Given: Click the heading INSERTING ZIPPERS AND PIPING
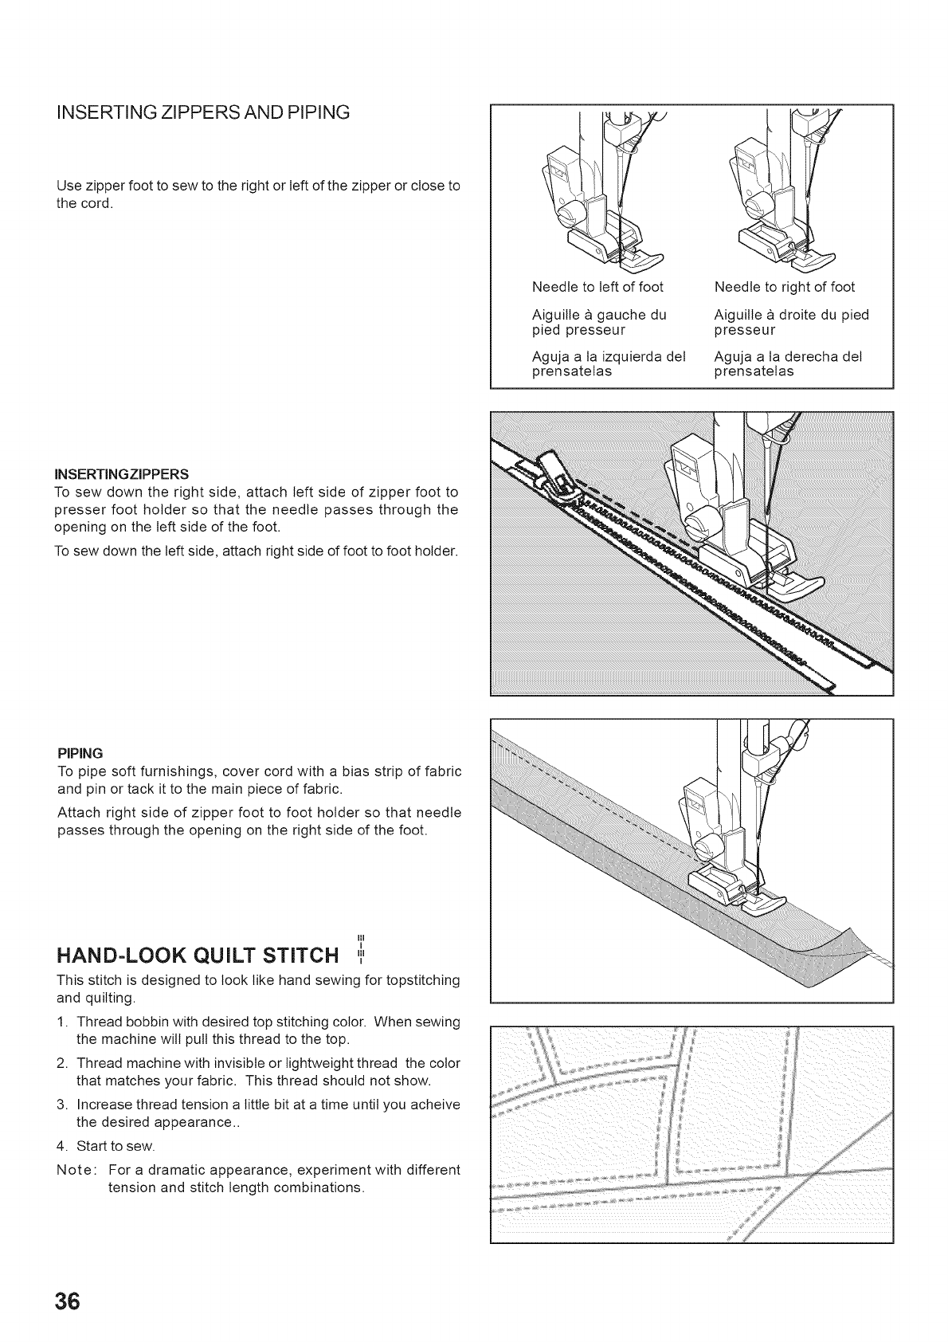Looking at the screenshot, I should coord(203,112).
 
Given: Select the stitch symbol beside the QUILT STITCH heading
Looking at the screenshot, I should coord(361,947).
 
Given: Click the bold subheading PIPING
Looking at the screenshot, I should coord(80,753).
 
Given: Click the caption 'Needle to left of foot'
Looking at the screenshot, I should coord(597,287).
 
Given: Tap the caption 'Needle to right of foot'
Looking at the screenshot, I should coord(784,287).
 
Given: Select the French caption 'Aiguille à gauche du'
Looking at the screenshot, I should coord(598,315).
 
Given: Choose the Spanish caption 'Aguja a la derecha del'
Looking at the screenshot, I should coord(788,357).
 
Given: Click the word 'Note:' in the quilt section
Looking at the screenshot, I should coord(77,1170).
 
